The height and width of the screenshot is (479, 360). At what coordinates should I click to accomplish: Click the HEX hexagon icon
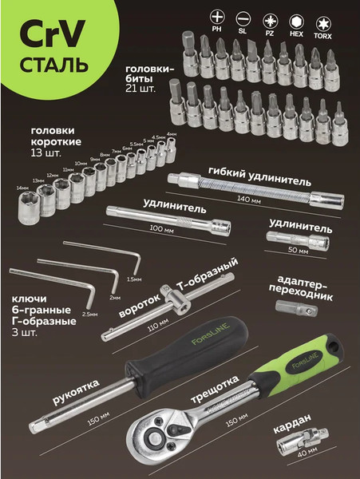(295, 17)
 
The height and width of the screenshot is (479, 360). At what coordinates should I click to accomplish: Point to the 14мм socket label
(22, 188)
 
